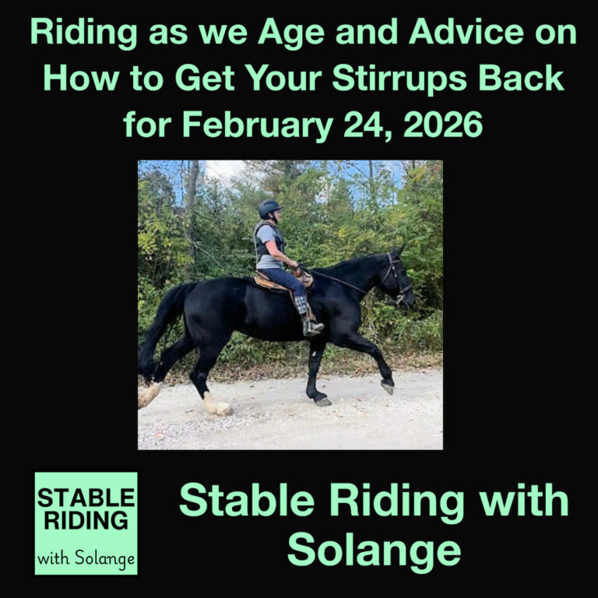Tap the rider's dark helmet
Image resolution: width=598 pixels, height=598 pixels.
pos(269,208)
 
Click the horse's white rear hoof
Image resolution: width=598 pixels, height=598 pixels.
pos(216,405)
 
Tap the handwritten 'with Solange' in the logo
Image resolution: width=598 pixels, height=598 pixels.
pos(86,558)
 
